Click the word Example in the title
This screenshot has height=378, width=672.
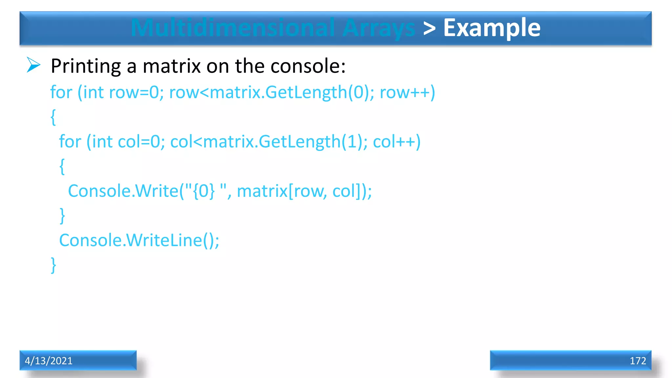492,28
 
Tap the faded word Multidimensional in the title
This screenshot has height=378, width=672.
233,28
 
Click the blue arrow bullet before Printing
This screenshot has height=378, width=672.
33,65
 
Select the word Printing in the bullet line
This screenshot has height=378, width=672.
86,66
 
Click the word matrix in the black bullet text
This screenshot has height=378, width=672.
172,66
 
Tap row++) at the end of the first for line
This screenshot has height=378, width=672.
407,92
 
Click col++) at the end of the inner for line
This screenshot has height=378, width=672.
397,142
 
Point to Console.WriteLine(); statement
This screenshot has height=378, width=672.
139,240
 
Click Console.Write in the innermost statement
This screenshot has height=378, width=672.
123,191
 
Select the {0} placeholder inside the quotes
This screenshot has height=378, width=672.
204,191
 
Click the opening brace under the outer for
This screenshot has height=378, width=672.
53,117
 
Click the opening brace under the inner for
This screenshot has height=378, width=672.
62,166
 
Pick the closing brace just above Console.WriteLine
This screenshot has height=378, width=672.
62,216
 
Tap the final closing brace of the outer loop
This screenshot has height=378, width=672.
53,265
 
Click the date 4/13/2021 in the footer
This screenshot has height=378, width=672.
49,361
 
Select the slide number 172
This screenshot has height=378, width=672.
638,361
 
